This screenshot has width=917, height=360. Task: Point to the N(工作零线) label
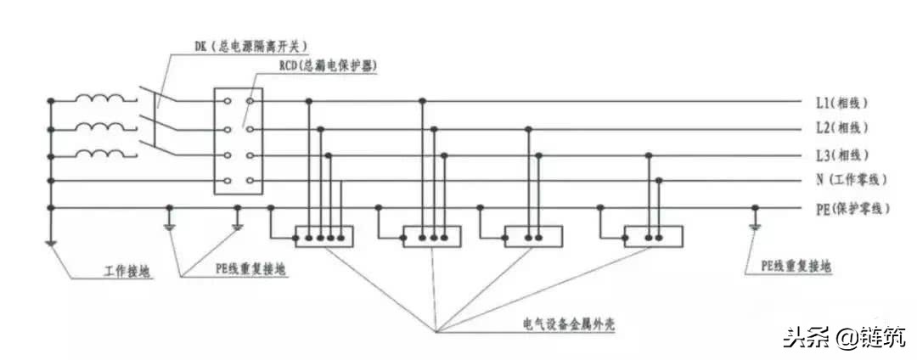[x=854, y=181]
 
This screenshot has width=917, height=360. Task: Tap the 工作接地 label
[x=128, y=271]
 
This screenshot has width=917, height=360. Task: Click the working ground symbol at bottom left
[x=51, y=245]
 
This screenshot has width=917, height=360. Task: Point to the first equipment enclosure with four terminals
[x=323, y=236]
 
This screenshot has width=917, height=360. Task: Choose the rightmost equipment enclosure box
[x=653, y=236]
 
